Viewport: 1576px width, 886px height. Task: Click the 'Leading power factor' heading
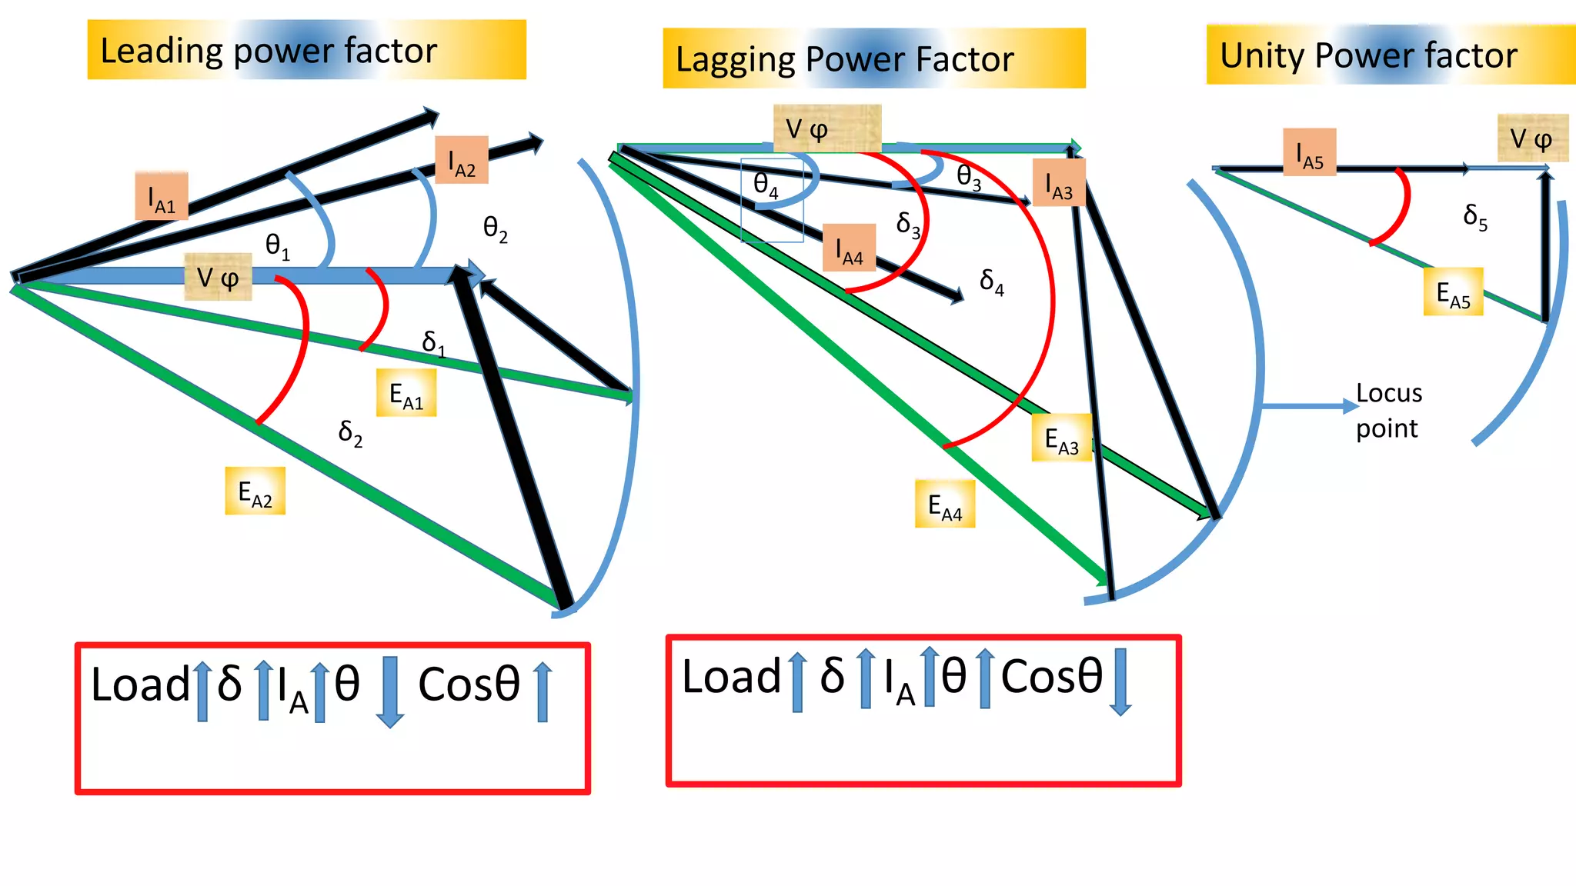[306, 50]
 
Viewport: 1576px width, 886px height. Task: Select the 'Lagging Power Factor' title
[873, 58]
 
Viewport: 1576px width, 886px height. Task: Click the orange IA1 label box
[162, 197]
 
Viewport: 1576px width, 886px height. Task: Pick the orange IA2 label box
[462, 160]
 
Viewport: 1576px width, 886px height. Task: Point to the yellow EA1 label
[406, 394]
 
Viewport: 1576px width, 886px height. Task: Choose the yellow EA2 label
[255, 491]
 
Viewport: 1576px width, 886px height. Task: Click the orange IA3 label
[1059, 183]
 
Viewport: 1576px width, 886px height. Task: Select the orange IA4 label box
[850, 248]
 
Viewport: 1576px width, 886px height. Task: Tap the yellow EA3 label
[1061, 438]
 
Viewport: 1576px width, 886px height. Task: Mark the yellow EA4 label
[945, 505]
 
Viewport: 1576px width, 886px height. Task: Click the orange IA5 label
[1310, 152]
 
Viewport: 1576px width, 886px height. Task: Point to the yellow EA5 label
[1453, 292]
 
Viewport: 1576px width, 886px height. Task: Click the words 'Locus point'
[1388, 411]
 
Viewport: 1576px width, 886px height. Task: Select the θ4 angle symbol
[766, 185]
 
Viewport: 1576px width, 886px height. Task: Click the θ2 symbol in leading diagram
[495, 228]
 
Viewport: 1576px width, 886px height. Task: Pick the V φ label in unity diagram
[1532, 138]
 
